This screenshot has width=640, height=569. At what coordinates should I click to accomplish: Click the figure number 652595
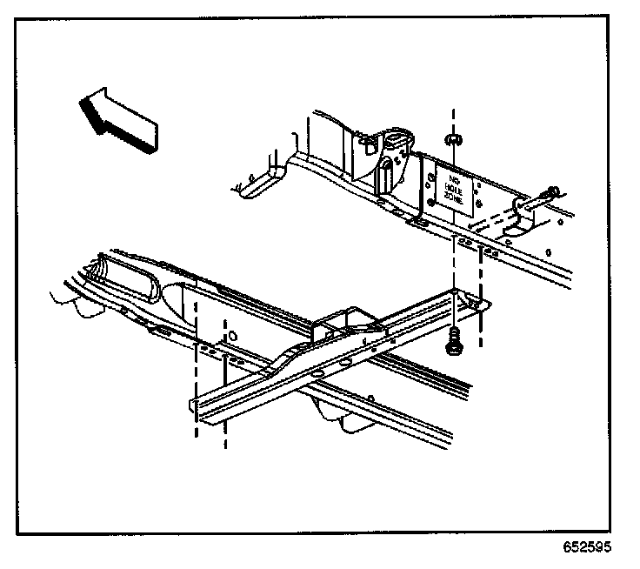(586, 548)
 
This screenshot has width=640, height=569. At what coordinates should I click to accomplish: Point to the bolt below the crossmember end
(453, 346)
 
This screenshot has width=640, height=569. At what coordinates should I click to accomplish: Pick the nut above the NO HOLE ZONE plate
(452, 139)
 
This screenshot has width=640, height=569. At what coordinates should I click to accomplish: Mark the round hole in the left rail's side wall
(232, 333)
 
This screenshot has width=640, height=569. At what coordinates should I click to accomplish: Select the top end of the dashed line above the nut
(452, 112)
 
